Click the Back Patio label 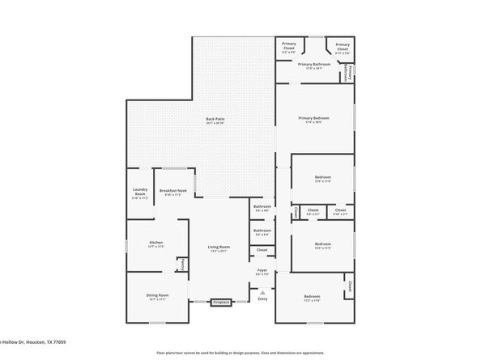pos(215,119)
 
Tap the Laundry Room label pos(139,193)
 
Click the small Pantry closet pos(182,263)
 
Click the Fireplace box pos(221,303)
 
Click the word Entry pos(262,299)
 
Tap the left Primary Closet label pos(288,46)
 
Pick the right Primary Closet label pos(342,46)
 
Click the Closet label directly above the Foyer pos(262,250)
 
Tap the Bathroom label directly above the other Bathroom pos(262,207)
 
